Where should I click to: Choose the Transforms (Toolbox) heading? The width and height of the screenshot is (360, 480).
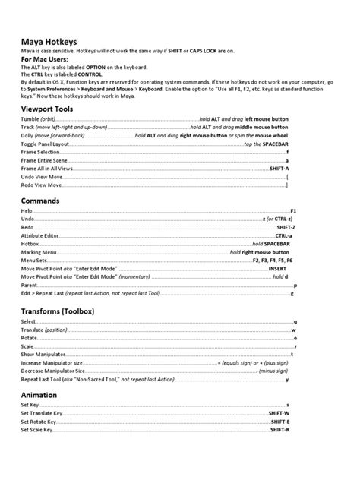[x=58, y=311]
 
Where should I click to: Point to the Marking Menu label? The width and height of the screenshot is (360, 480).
[x=39, y=251]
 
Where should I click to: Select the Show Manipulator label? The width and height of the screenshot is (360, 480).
[x=44, y=355]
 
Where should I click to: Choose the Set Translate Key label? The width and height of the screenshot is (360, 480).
[x=43, y=413]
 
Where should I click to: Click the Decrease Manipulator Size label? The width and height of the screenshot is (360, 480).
[x=52, y=371]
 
